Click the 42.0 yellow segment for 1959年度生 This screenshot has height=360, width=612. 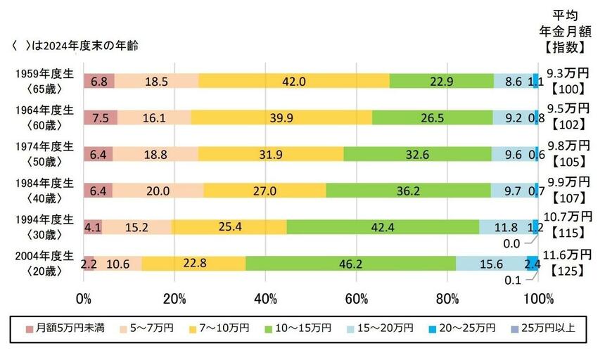(293, 81)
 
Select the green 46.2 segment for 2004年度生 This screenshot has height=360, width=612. (350, 263)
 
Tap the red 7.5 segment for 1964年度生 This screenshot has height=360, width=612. (101, 117)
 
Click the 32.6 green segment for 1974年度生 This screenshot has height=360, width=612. (417, 153)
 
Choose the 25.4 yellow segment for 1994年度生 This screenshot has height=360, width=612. (229, 226)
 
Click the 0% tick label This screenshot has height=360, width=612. (84, 298)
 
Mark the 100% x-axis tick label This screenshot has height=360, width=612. (538, 298)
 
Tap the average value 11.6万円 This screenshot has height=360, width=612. (568, 254)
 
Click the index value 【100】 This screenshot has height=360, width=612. (568, 89)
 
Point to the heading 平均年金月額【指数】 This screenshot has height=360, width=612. (568, 32)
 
